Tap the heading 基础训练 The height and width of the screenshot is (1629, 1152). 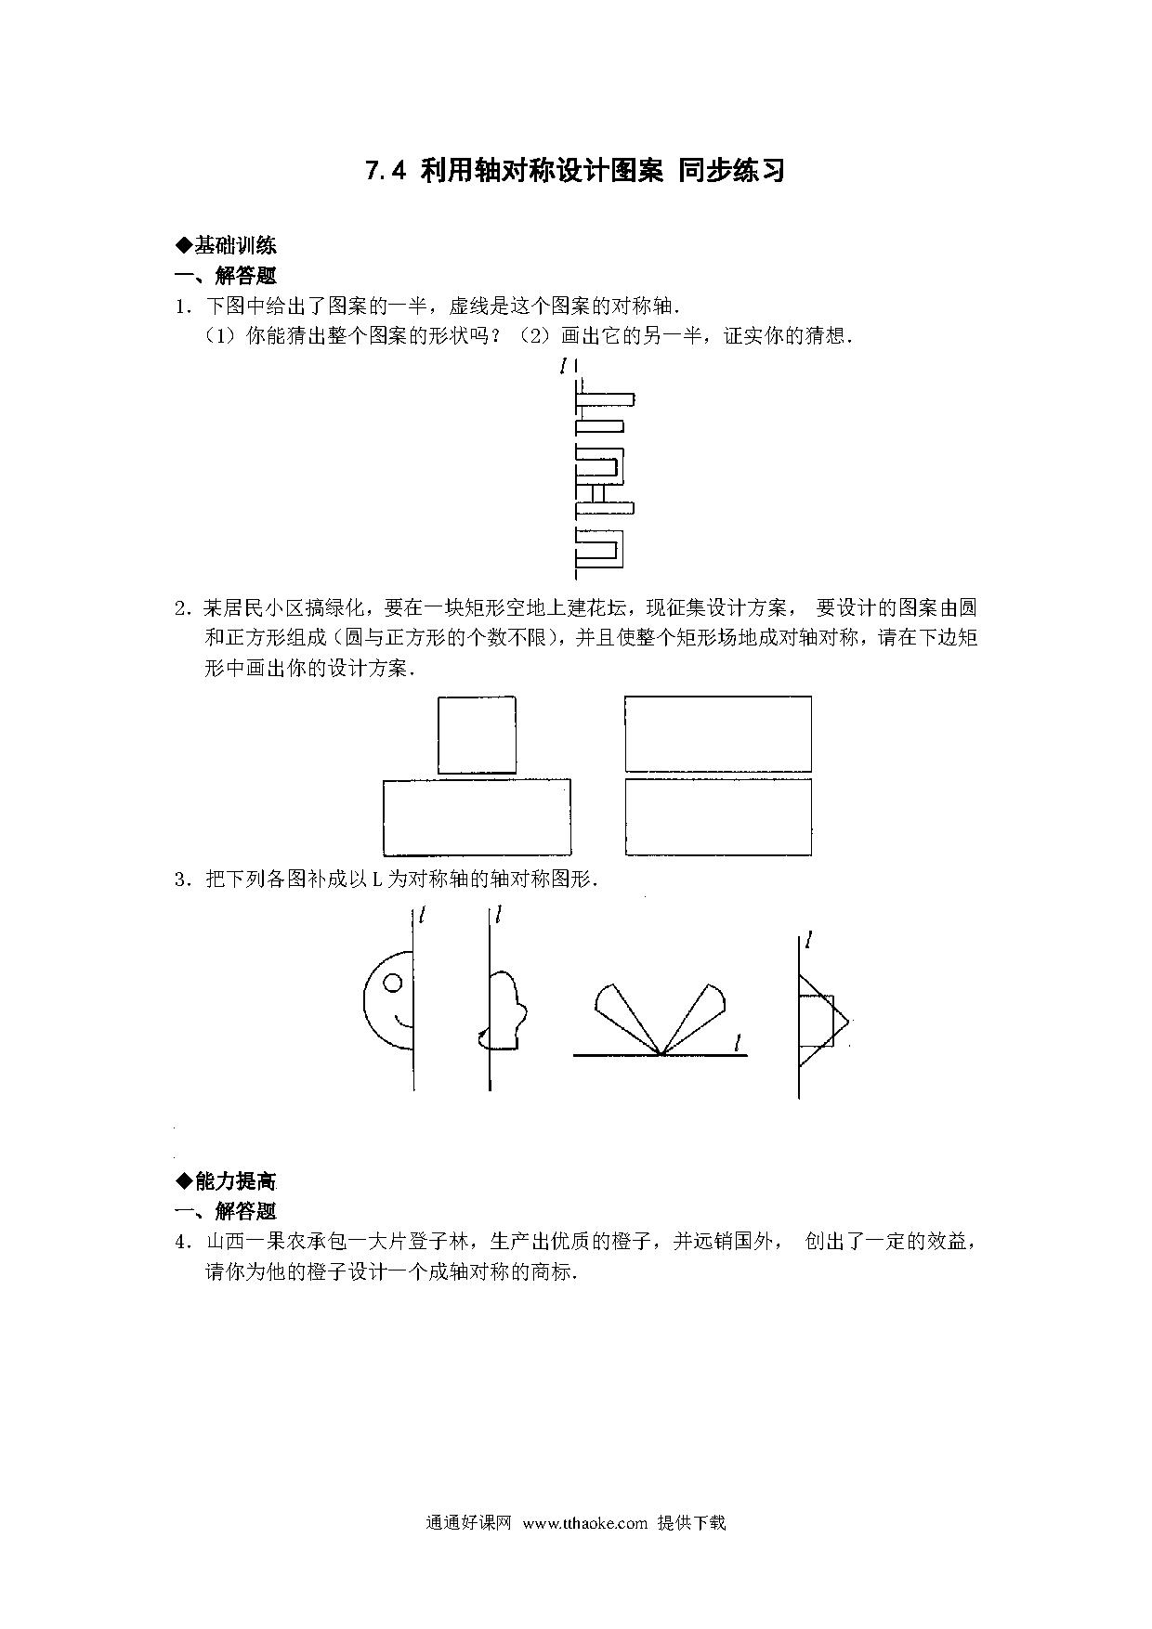click(235, 245)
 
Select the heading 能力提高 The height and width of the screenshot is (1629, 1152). click(235, 1180)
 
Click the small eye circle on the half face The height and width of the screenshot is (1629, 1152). click(393, 982)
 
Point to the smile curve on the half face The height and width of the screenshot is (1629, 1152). click(404, 1023)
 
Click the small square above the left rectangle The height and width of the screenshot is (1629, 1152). click(477, 735)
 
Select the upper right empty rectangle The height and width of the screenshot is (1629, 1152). click(718, 734)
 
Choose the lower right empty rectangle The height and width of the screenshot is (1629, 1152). click(718, 816)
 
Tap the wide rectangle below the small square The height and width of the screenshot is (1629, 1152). click(477, 817)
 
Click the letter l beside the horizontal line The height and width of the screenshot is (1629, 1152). click(737, 1044)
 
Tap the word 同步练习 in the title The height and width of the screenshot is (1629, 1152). click(732, 172)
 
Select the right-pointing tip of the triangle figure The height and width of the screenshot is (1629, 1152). click(849, 1022)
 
